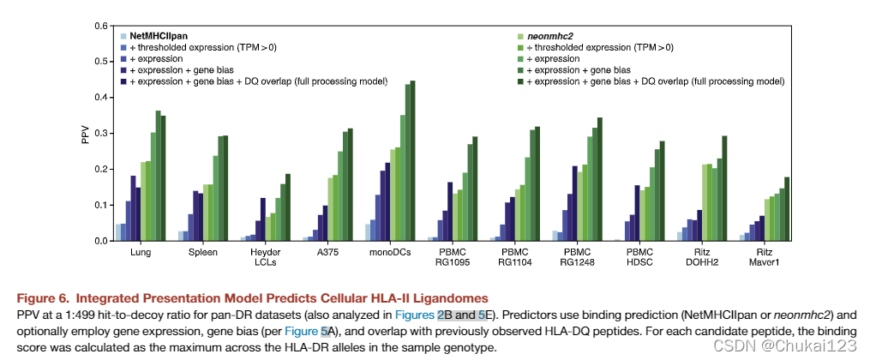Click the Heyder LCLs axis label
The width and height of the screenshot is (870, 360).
pos(265,259)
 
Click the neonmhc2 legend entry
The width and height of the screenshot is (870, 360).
pos(549,36)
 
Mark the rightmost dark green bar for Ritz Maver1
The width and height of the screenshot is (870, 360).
pos(786,209)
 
